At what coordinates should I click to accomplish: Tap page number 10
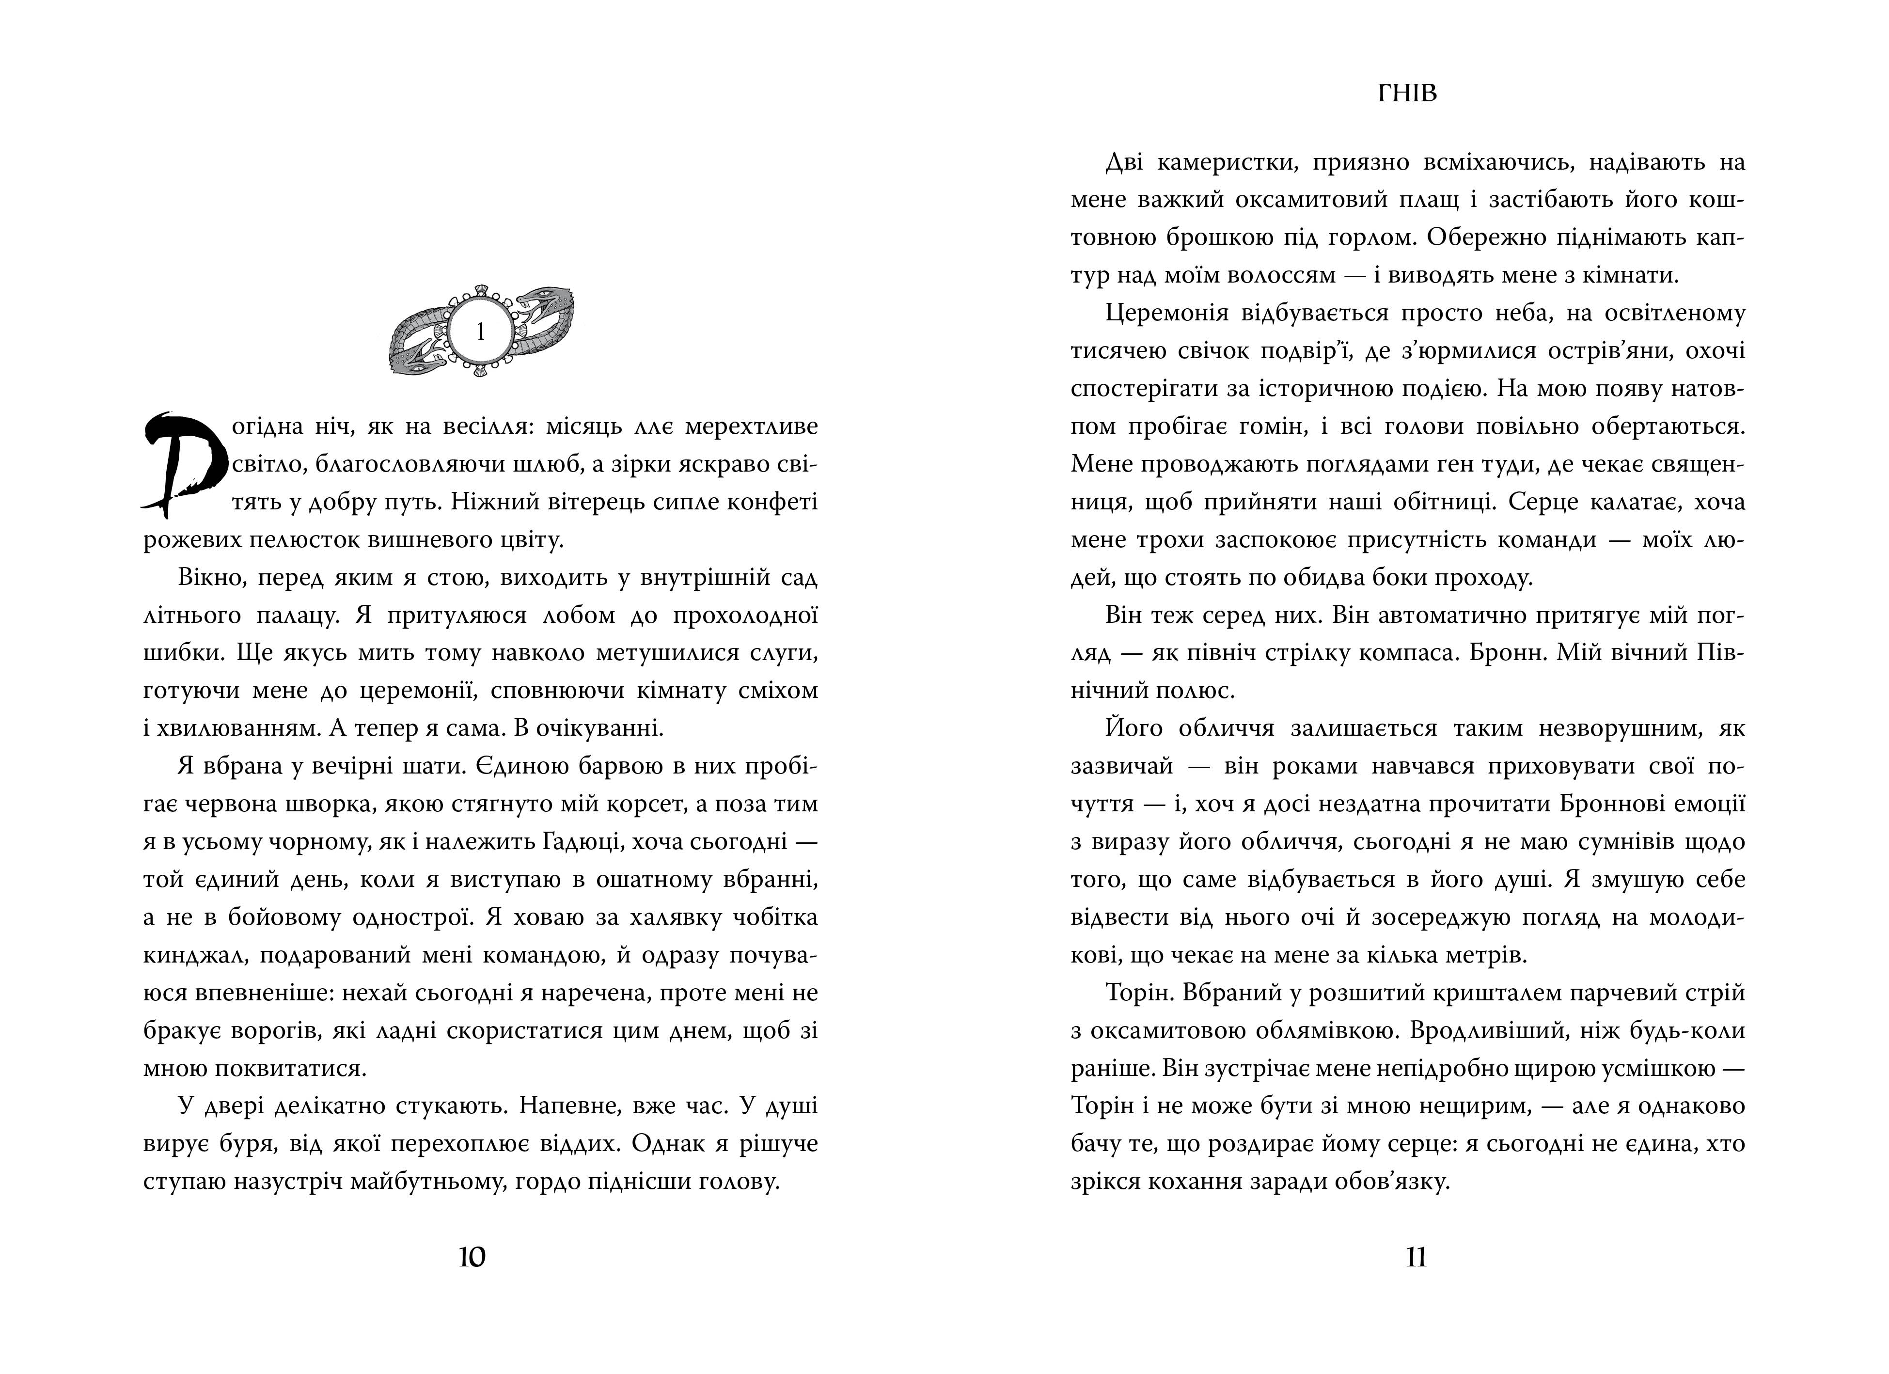(x=472, y=1257)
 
